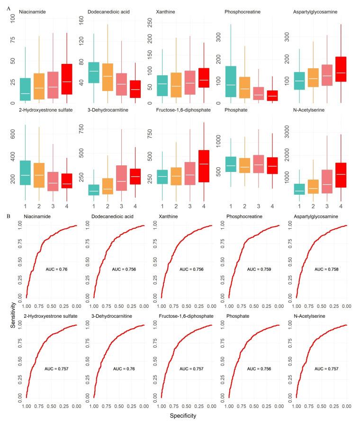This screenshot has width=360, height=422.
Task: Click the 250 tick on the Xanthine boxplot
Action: click(151, 21)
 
